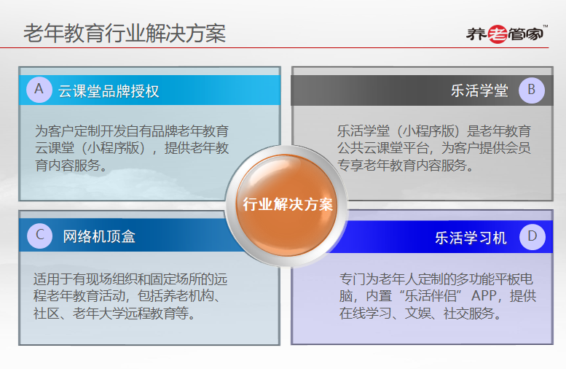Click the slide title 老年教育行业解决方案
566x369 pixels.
[125, 34]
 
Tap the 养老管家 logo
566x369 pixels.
[506, 34]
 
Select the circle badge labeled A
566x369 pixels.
[39, 90]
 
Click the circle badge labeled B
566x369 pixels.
[531, 90]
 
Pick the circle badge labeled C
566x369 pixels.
[40, 236]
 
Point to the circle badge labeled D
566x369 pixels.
[532, 237]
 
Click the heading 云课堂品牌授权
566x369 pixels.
[109, 91]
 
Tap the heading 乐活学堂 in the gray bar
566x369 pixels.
[479, 90]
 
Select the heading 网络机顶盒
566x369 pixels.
[99, 237]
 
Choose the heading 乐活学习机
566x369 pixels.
[471, 238]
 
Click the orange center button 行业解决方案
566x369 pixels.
[287, 205]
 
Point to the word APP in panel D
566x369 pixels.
[484, 296]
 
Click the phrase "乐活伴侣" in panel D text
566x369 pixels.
[431, 296]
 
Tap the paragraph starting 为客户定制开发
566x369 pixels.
[132, 148]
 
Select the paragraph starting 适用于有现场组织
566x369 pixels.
[130, 296]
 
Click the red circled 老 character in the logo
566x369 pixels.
[498, 34]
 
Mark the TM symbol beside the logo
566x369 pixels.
[545, 26]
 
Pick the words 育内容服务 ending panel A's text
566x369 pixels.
[67, 166]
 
